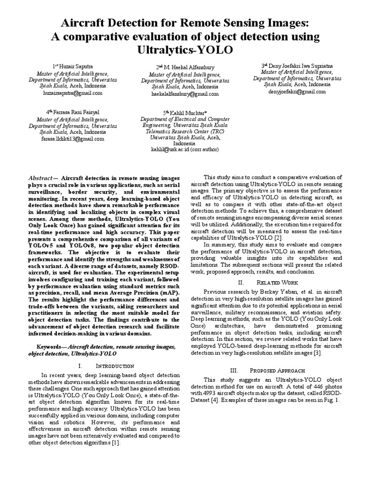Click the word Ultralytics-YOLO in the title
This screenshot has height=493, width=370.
[185, 50]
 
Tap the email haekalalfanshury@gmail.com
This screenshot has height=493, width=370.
[185, 94]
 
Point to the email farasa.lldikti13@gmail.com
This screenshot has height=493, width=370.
[72, 139]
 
